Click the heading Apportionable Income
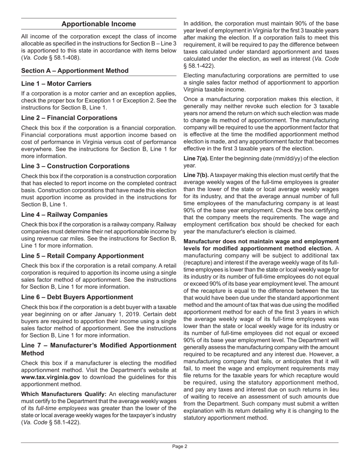tap(99, 24)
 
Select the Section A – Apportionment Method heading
tap(75, 71)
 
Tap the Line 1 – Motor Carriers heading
tap(56, 83)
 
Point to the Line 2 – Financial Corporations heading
tap(69, 118)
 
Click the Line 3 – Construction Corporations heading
tap(75, 166)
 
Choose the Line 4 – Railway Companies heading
tap(64, 214)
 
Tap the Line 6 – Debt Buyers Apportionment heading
tap(77, 297)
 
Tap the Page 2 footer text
tap(180, 446)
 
